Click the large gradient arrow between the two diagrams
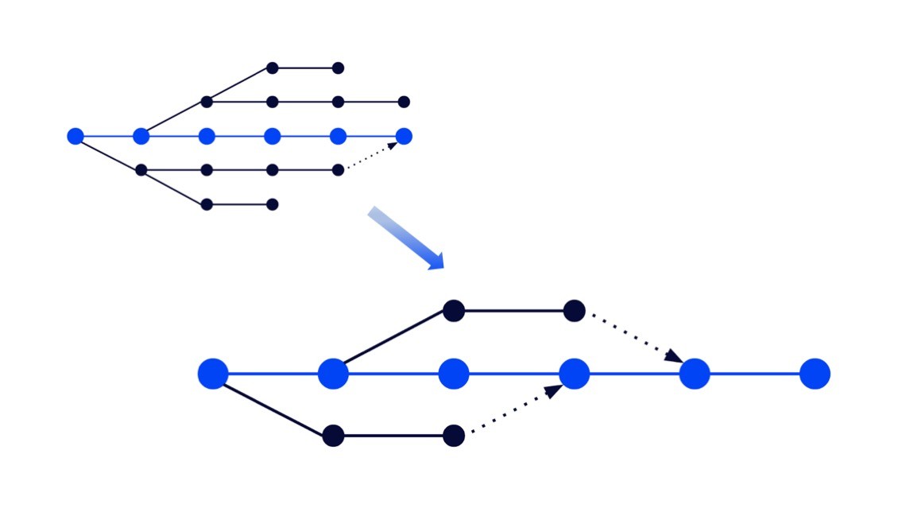click(x=405, y=239)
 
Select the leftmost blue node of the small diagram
click(x=76, y=136)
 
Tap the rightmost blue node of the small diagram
click(x=404, y=136)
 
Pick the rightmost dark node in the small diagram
click(x=404, y=102)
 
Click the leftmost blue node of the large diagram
click(x=213, y=374)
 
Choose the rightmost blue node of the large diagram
click(x=815, y=374)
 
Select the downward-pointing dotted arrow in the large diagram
click(x=632, y=340)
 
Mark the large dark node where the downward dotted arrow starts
click(x=574, y=311)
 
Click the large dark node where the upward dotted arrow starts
click(x=453, y=436)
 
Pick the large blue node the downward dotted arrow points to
click(x=695, y=374)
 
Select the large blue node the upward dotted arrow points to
click(x=574, y=374)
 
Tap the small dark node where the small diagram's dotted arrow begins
click(x=338, y=169)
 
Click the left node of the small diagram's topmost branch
click(x=272, y=68)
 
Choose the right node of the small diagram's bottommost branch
click(x=272, y=204)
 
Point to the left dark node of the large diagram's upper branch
click(x=453, y=311)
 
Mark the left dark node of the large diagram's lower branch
click(x=333, y=436)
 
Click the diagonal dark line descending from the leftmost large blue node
click(x=273, y=405)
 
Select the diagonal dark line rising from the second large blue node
click(x=393, y=342)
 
